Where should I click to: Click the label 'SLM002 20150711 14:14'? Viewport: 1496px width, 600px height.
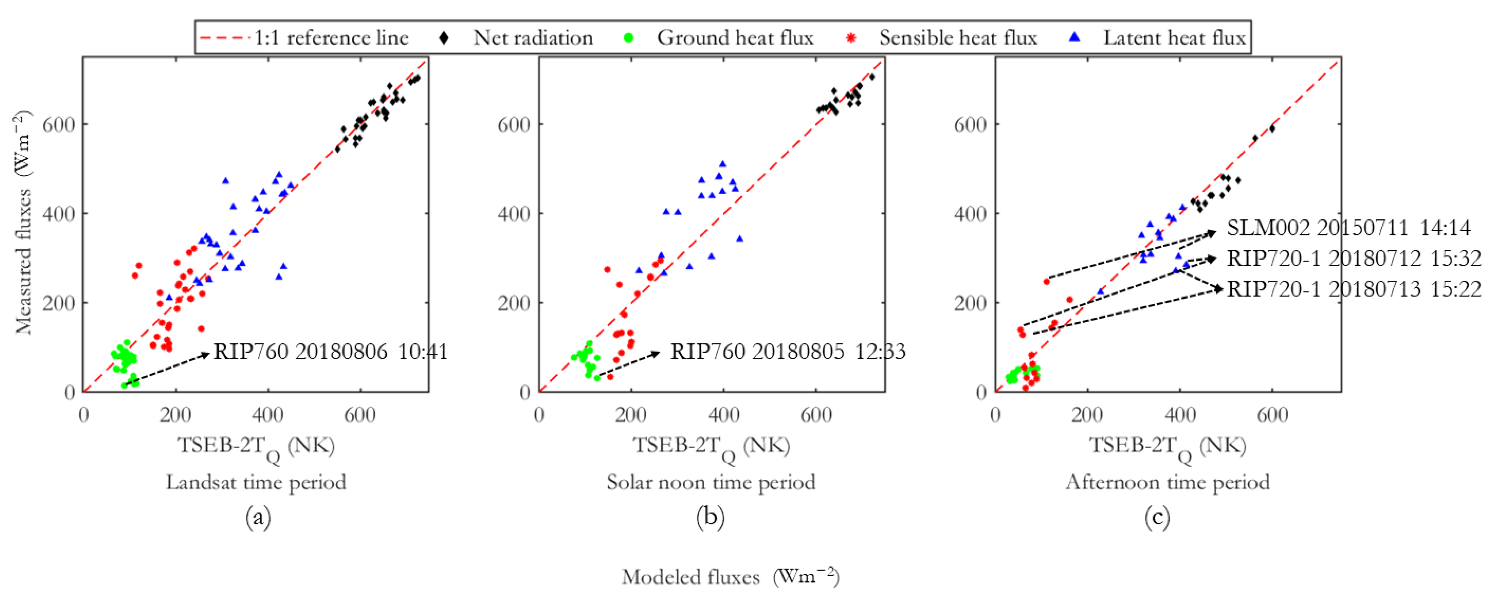click(x=1348, y=228)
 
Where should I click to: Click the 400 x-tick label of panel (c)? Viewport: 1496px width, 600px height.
click(x=1180, y=415)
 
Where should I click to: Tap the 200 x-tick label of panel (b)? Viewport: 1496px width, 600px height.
click(x=631, y=415)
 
